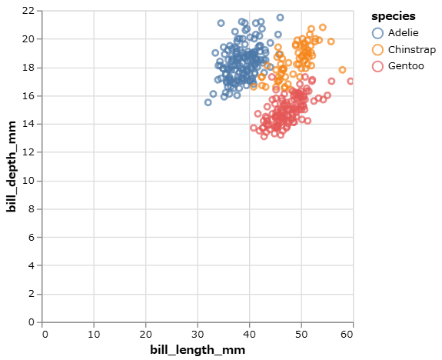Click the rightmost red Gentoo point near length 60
[x=351, y=81]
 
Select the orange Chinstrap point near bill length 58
[x=342, y=70]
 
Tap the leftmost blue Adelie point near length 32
[x=208, y=102]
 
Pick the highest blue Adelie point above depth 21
[x=280, y=17]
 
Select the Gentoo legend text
[x=405, y=66]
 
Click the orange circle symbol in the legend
[x=377, y=49]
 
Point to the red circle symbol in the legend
[x=377, y=66]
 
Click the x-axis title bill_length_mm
[x=198, y=350]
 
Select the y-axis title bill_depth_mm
[x=12, y=166]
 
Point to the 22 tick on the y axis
[x=29, y=10]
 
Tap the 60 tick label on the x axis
[x=352, y=333]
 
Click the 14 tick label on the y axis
[x=29, y=124]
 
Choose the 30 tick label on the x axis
[x=198, y=333]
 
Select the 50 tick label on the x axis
[x=301, y=333]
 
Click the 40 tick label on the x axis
[x=249, y=333]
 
